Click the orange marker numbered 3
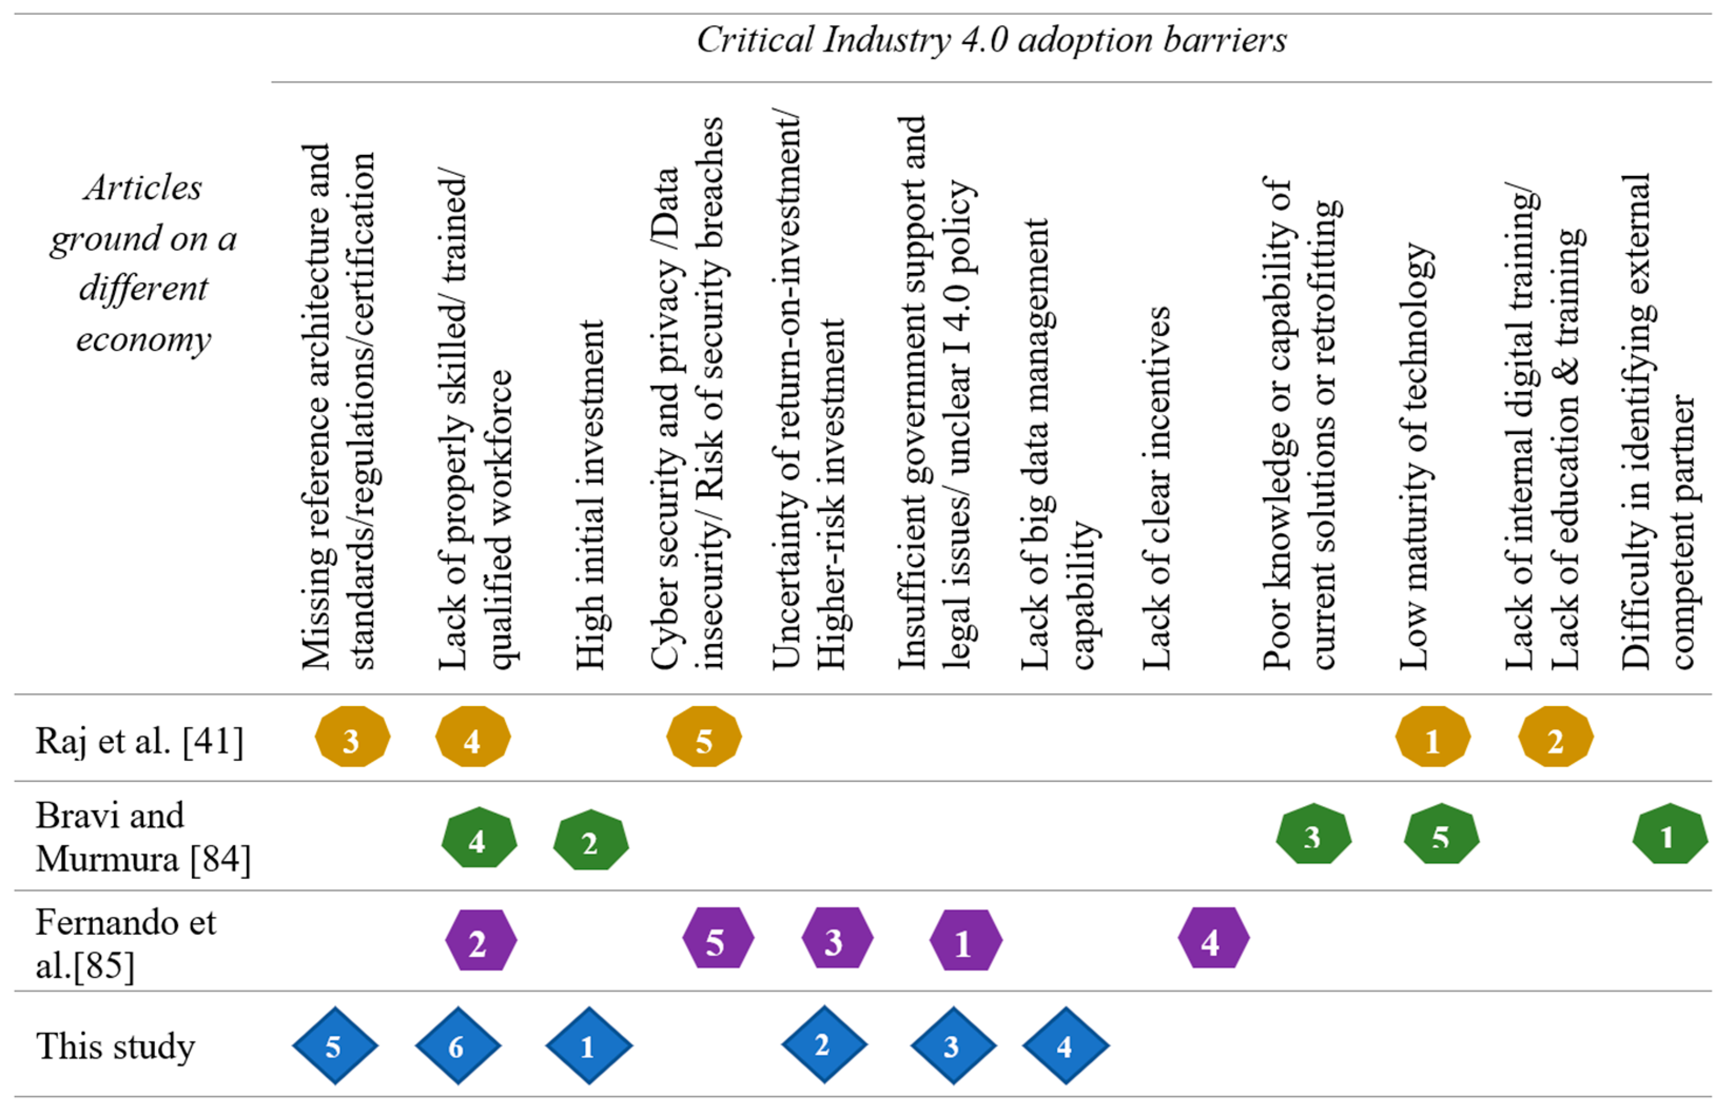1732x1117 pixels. point(353,737)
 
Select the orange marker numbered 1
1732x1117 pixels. point(1433,737)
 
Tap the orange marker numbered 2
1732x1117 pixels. point(1555,737)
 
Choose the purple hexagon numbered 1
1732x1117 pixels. point(965,940)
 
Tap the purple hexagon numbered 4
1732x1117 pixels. point(1212,938)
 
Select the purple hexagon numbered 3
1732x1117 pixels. point(837,938)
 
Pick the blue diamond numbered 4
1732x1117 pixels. point(1065,1045)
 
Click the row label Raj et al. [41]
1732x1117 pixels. point(139,741)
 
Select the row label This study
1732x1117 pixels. point(115,1046)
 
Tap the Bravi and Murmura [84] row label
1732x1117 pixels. point(142,837)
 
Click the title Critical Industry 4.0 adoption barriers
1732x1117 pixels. point(991,41)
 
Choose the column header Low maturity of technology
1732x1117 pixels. point(1414,457)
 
